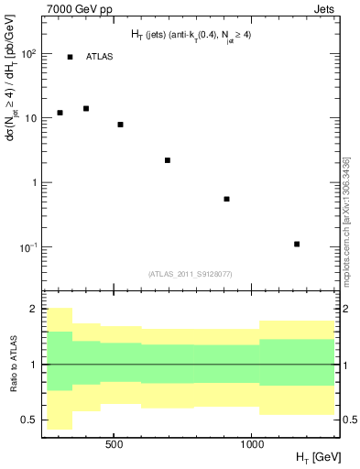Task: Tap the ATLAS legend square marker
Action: pos(70,57)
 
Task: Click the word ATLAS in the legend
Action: pos(99,57)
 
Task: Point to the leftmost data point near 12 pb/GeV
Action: pos(60,113)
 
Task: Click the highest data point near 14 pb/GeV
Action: pos(86,108)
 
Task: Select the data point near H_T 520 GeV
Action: pos(120,124)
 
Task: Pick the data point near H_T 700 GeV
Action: pos(168,160)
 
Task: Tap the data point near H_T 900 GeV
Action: pos(226,199)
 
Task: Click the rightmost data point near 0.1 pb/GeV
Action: pos(297,244)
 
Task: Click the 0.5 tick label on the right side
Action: pos(347,420)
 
